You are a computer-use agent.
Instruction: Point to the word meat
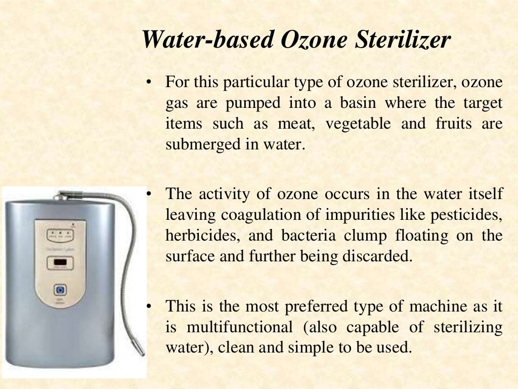tap(294, 124)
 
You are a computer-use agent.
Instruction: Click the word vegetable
tap(358, 124)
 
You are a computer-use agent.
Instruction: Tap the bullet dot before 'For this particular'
tap(149, 83)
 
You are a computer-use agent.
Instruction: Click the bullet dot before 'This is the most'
tap(149, 306)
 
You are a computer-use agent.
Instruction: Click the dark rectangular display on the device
tap(60, 263)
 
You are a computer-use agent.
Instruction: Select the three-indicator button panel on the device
tap(60, 235)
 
